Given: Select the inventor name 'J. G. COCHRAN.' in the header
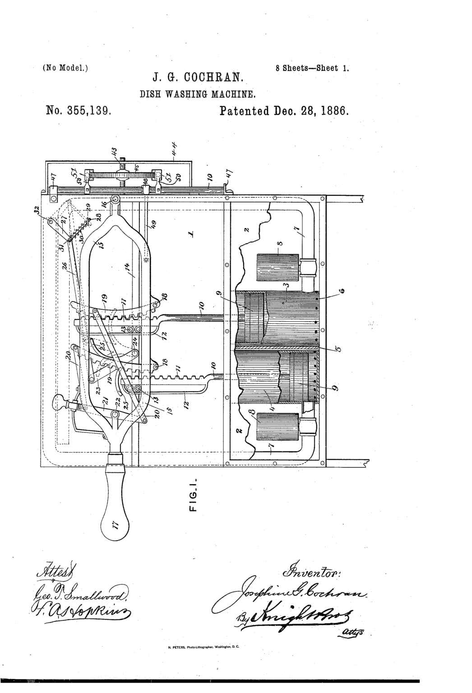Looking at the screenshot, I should coord(198,79).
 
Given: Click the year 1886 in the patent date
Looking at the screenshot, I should coord(331,111).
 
